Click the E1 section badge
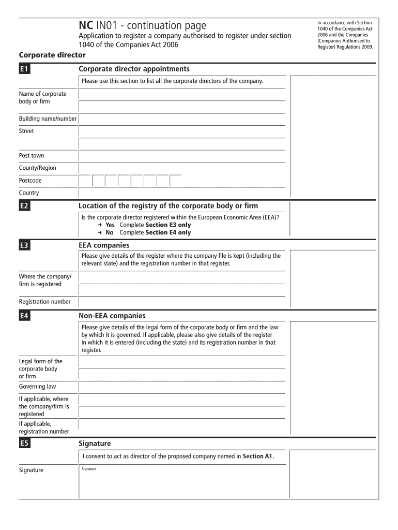[x=24, y=69]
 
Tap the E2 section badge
[x=24, y=207]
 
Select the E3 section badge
[x=24, y=246]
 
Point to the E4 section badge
[x=24, y=316]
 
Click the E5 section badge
[x=24, y=444]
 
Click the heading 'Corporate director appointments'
[x=134, y=69]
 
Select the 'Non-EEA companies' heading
[x=112, y=316]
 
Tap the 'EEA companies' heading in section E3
[x=104, y=245]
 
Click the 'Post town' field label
[x=32, y=155]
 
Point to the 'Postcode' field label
[x=30, y=181]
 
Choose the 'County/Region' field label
[x=38, y=168]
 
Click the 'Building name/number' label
[x=48, y=119]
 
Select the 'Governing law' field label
[x=38, y=387]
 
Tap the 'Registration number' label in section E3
[x=44, y=302]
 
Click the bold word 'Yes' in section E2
[x=110, y=225]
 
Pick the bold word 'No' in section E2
[x=109, y=232]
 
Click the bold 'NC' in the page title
[x=86, y=25]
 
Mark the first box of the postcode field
[x=85, y=180]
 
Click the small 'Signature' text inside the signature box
[x=89, y=469]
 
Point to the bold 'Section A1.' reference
[x=258, y=456]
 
